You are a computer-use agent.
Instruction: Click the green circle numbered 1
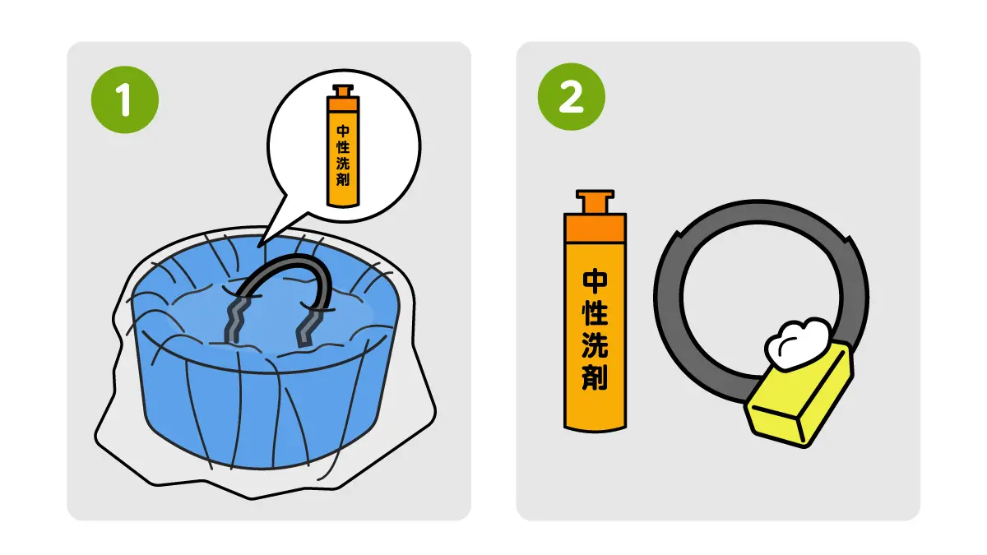[125, 99]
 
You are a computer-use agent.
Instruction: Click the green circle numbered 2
[571, 96]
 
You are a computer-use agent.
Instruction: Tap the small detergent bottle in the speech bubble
[343, 146]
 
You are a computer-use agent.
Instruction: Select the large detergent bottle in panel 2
[595, 311]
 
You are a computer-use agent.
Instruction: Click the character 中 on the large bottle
[595, 281]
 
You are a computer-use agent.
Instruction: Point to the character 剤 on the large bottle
[595, 377]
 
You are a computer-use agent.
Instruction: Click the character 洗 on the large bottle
[595, 345]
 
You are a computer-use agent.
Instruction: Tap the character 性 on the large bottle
[595, 313]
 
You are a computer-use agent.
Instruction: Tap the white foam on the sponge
[797, 344]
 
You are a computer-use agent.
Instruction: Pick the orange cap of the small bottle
[343, 98]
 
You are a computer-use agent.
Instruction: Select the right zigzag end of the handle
[308, 328]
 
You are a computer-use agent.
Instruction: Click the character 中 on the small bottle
[343, 131]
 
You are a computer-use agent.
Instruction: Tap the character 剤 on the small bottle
[343, 179]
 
